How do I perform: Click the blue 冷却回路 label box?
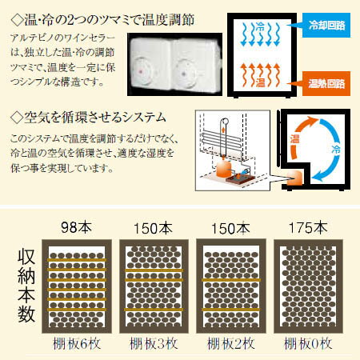pos(326,26)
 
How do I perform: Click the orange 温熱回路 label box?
pos(326,83)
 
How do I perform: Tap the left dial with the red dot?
pos(142,70)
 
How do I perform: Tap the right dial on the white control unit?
pos(186,72)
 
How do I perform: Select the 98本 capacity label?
pos(77,228)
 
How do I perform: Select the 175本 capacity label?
pos(308,228)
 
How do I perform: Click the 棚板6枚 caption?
pos(77,344)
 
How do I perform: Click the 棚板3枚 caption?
pos(154,344)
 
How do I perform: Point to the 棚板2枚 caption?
pos(231,344)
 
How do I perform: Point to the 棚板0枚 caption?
pos(308,344)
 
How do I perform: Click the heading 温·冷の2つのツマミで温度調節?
pos(102,20)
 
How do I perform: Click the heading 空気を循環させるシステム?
pos(89,118)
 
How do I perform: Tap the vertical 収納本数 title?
pos(26,286)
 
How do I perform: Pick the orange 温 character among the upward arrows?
pos(260,82)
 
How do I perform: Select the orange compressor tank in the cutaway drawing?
pos(223,169)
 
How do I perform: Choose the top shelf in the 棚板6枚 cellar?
pos(77,260)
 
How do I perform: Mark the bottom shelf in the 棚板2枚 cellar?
pos(231,310)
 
